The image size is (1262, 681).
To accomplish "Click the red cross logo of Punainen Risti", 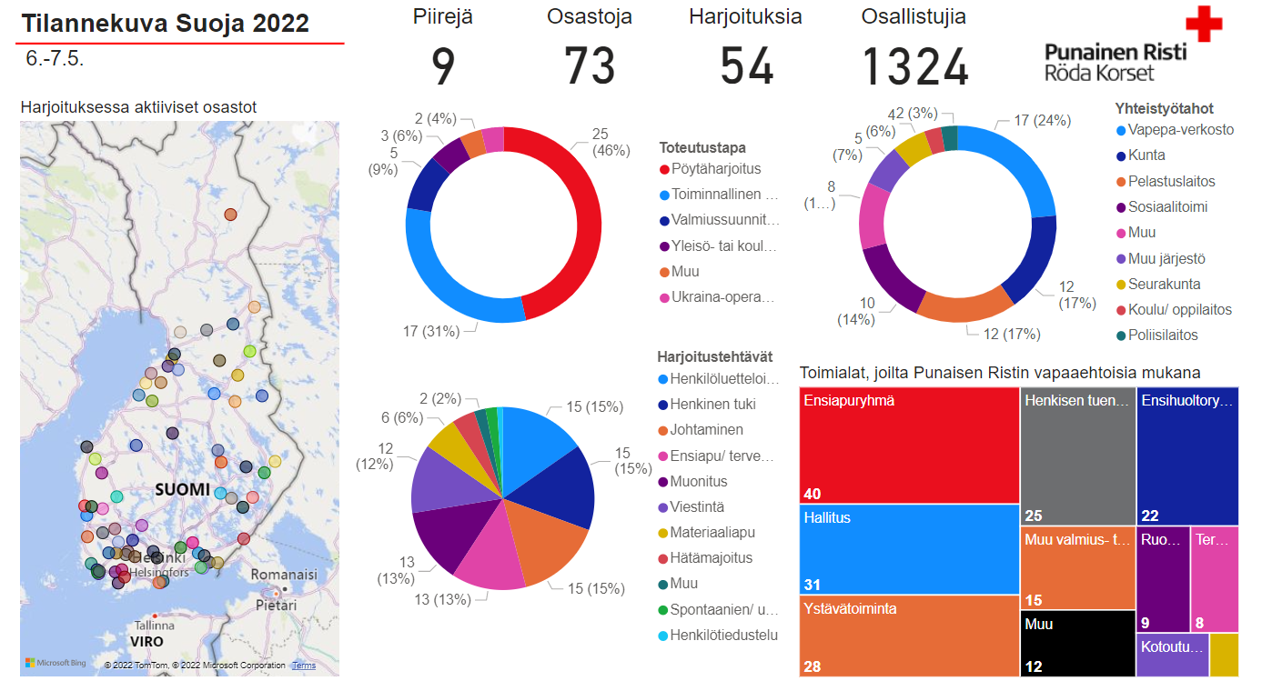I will point(1203,24).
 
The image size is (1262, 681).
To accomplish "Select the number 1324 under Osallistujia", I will point(914,67).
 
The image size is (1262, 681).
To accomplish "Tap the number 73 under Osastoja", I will point(590,67).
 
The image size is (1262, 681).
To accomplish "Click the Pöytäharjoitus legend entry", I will point(716,169).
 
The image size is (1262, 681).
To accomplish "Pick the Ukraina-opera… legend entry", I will point(722,297).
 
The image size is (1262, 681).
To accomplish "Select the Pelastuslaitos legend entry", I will point(1171,182).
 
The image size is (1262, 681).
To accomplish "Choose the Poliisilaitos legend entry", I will point(1163,335).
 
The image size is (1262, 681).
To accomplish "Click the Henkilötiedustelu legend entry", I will point(723,636).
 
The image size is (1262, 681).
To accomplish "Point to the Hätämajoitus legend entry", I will point(711,558).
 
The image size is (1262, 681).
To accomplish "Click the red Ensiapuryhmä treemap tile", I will point(910,446).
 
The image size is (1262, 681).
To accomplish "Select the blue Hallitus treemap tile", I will point(910,549).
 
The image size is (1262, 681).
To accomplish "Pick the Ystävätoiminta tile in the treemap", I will point(910,636).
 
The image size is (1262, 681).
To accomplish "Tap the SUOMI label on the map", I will point(182,490).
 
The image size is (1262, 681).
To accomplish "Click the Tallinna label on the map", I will point(154,626).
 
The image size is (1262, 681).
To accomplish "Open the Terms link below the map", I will point(304,666).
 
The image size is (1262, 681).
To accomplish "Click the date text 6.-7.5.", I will point(55,59).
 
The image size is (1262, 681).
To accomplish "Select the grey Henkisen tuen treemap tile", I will point(1077,446).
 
